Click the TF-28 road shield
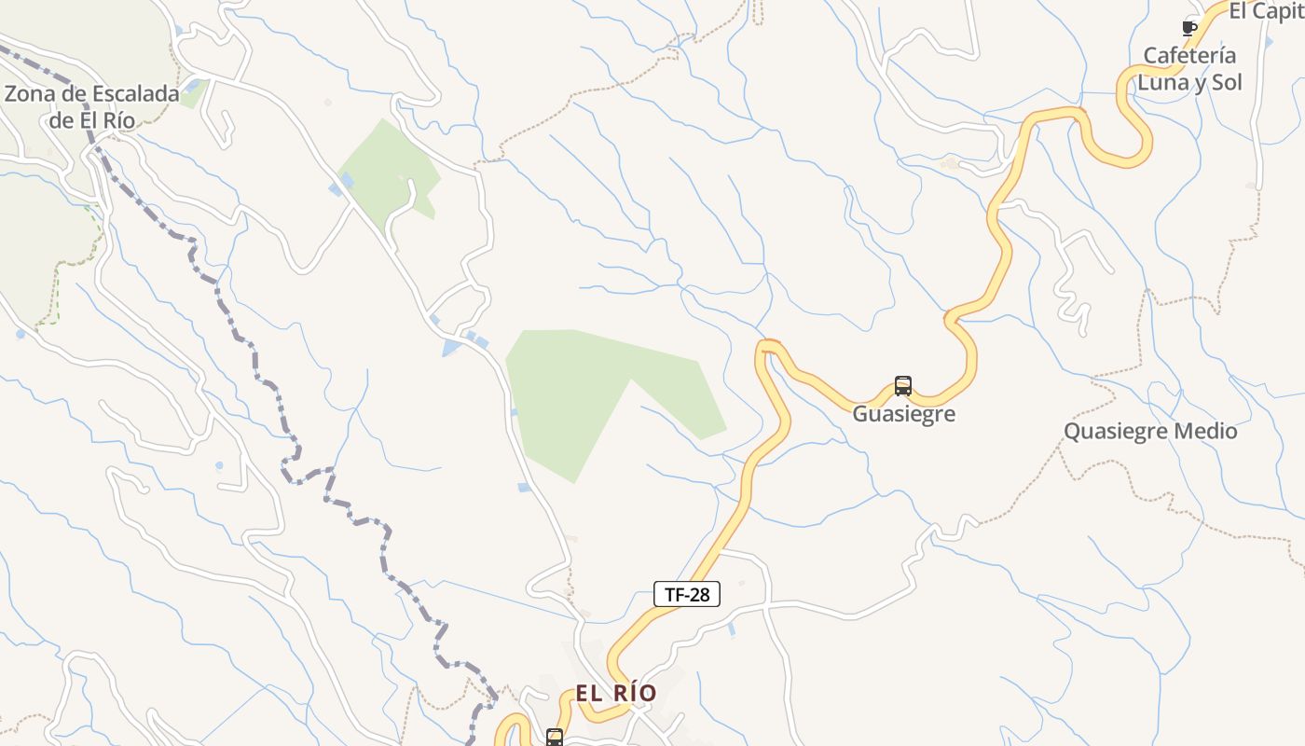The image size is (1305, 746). click(687, 594)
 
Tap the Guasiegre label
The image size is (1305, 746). click(903, 413)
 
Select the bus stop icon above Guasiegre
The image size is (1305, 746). click(902, 385)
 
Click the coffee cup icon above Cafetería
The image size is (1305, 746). click(1188, 27)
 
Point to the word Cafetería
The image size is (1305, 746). click(1189, 55)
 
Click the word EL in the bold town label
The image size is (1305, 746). click(589, 693)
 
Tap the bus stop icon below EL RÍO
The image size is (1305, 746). click(555, 737)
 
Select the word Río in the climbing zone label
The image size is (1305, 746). click(118, 119)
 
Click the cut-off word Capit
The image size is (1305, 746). click(1278, 11)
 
